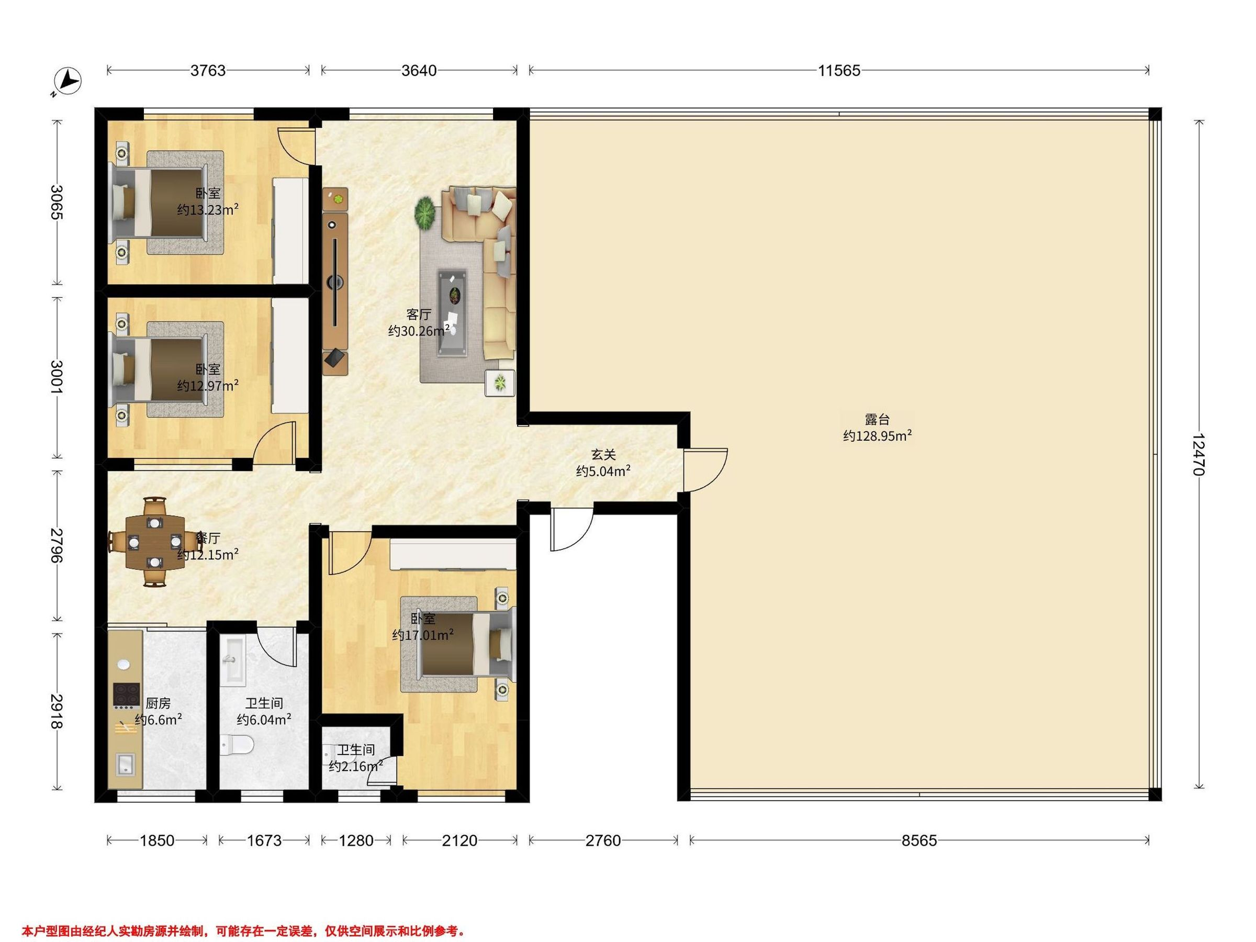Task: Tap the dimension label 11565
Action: [839, 71]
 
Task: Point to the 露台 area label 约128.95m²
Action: [877, 435]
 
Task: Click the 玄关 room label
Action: [603, 454]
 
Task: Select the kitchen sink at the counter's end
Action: [125, 764]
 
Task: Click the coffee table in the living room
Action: [452, 313]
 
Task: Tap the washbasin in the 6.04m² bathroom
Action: [233, 661]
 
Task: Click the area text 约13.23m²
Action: [207, 209]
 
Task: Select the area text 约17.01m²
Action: [422, 635]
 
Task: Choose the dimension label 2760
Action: [602, 840]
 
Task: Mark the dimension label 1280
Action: [356, 840]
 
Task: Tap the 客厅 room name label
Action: [419, 314]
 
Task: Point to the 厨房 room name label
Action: [158, 703]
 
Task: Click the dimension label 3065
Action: [57, 202]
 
